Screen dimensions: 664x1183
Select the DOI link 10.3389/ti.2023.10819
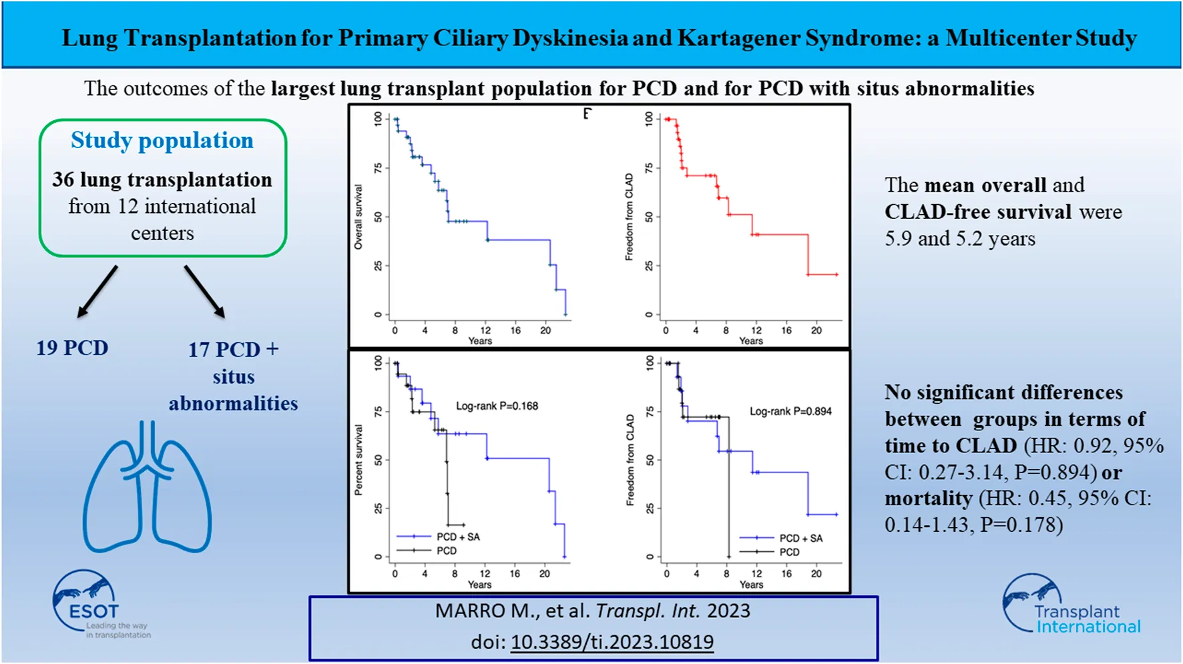click(x=612, y=642)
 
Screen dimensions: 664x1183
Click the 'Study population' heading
click(x=162, y=141)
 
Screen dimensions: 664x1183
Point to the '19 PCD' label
click(x=72, y=348)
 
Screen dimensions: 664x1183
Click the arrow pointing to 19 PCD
click(x=97, y=291)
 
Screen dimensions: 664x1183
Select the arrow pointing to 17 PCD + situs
click(x=204, y=291)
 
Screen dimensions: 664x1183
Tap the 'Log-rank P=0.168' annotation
click(x=497, y=406)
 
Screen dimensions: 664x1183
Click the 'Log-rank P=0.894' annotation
click(x=790, y=411)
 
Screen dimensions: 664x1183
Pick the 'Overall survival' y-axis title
click(x=359, y=218)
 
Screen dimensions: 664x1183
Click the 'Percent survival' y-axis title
click(x=359, y=460)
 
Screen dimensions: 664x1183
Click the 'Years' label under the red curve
click(x=750, y=341)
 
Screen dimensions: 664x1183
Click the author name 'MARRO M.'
click(x=470, y=611)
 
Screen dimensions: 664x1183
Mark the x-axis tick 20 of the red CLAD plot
click(x=816, y=330)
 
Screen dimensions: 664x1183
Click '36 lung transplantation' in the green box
click(x=162, y=180)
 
